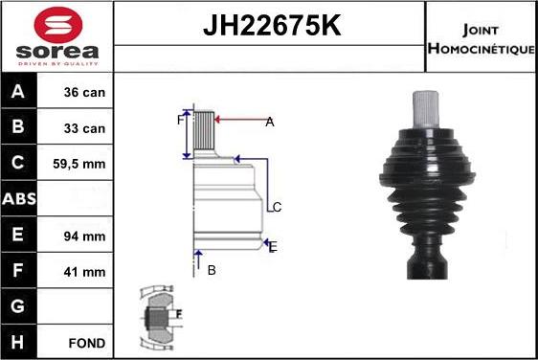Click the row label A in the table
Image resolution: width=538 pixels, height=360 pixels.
[20, 93]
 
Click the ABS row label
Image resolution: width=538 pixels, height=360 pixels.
[20, 199]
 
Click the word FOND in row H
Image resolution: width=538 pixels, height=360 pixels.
[87, 342]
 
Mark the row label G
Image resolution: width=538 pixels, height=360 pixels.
[20, 306]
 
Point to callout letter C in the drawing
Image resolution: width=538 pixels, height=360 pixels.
[276, 207]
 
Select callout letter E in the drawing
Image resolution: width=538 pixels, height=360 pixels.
[273, 247]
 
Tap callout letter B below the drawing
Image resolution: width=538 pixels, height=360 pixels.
[212, 270]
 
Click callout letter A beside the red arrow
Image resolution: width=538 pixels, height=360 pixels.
[270, 122]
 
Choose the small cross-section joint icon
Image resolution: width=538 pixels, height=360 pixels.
[159, 317]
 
